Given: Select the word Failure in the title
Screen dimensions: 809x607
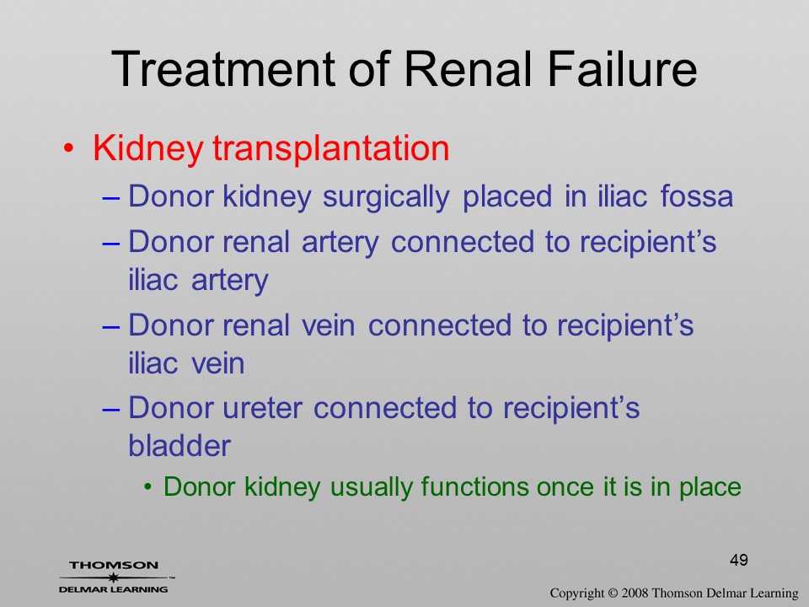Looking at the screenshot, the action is (622, 68).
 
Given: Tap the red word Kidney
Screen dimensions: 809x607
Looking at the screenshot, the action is (147, 149).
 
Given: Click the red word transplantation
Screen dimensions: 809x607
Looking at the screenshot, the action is (330, 149).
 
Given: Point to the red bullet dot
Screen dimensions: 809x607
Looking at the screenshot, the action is (68, 148).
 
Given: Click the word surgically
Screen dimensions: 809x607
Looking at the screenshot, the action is (386, 197).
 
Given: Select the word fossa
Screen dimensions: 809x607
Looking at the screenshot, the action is (697, 196).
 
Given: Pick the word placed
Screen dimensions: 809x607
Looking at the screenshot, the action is (506, 197).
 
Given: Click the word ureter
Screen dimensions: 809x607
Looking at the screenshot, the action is (262, 408).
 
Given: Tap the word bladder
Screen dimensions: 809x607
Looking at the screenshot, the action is (179, 445).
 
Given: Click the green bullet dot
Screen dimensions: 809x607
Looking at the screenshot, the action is (148, 486).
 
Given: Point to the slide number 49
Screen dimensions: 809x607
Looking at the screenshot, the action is (739, 560).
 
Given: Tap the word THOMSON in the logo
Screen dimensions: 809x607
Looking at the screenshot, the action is (114, 565).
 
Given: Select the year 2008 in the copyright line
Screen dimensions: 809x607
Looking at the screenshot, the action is (635, 593).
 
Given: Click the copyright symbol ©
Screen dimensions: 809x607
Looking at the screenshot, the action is (613, 594).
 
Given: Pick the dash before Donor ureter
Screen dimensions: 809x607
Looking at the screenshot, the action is (111, 409).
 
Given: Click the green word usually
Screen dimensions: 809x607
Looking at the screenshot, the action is (371, 487).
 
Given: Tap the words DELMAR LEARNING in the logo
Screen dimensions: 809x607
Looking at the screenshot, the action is (114, 589).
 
